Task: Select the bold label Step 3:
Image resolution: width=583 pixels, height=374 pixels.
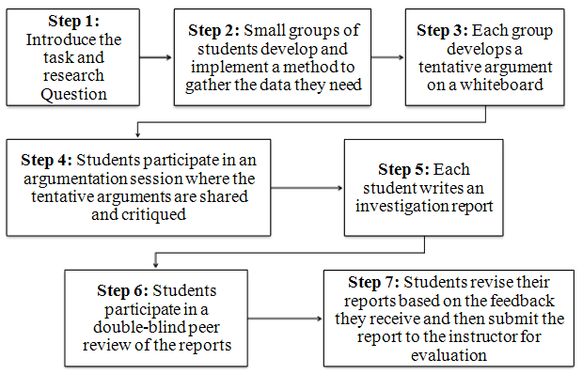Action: (444, 29)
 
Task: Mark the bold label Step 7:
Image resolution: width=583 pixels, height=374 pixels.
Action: (374, 282)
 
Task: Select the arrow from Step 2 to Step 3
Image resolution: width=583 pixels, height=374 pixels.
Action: (386, 57)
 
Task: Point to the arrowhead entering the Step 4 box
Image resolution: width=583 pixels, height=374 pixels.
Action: (138, 135)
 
